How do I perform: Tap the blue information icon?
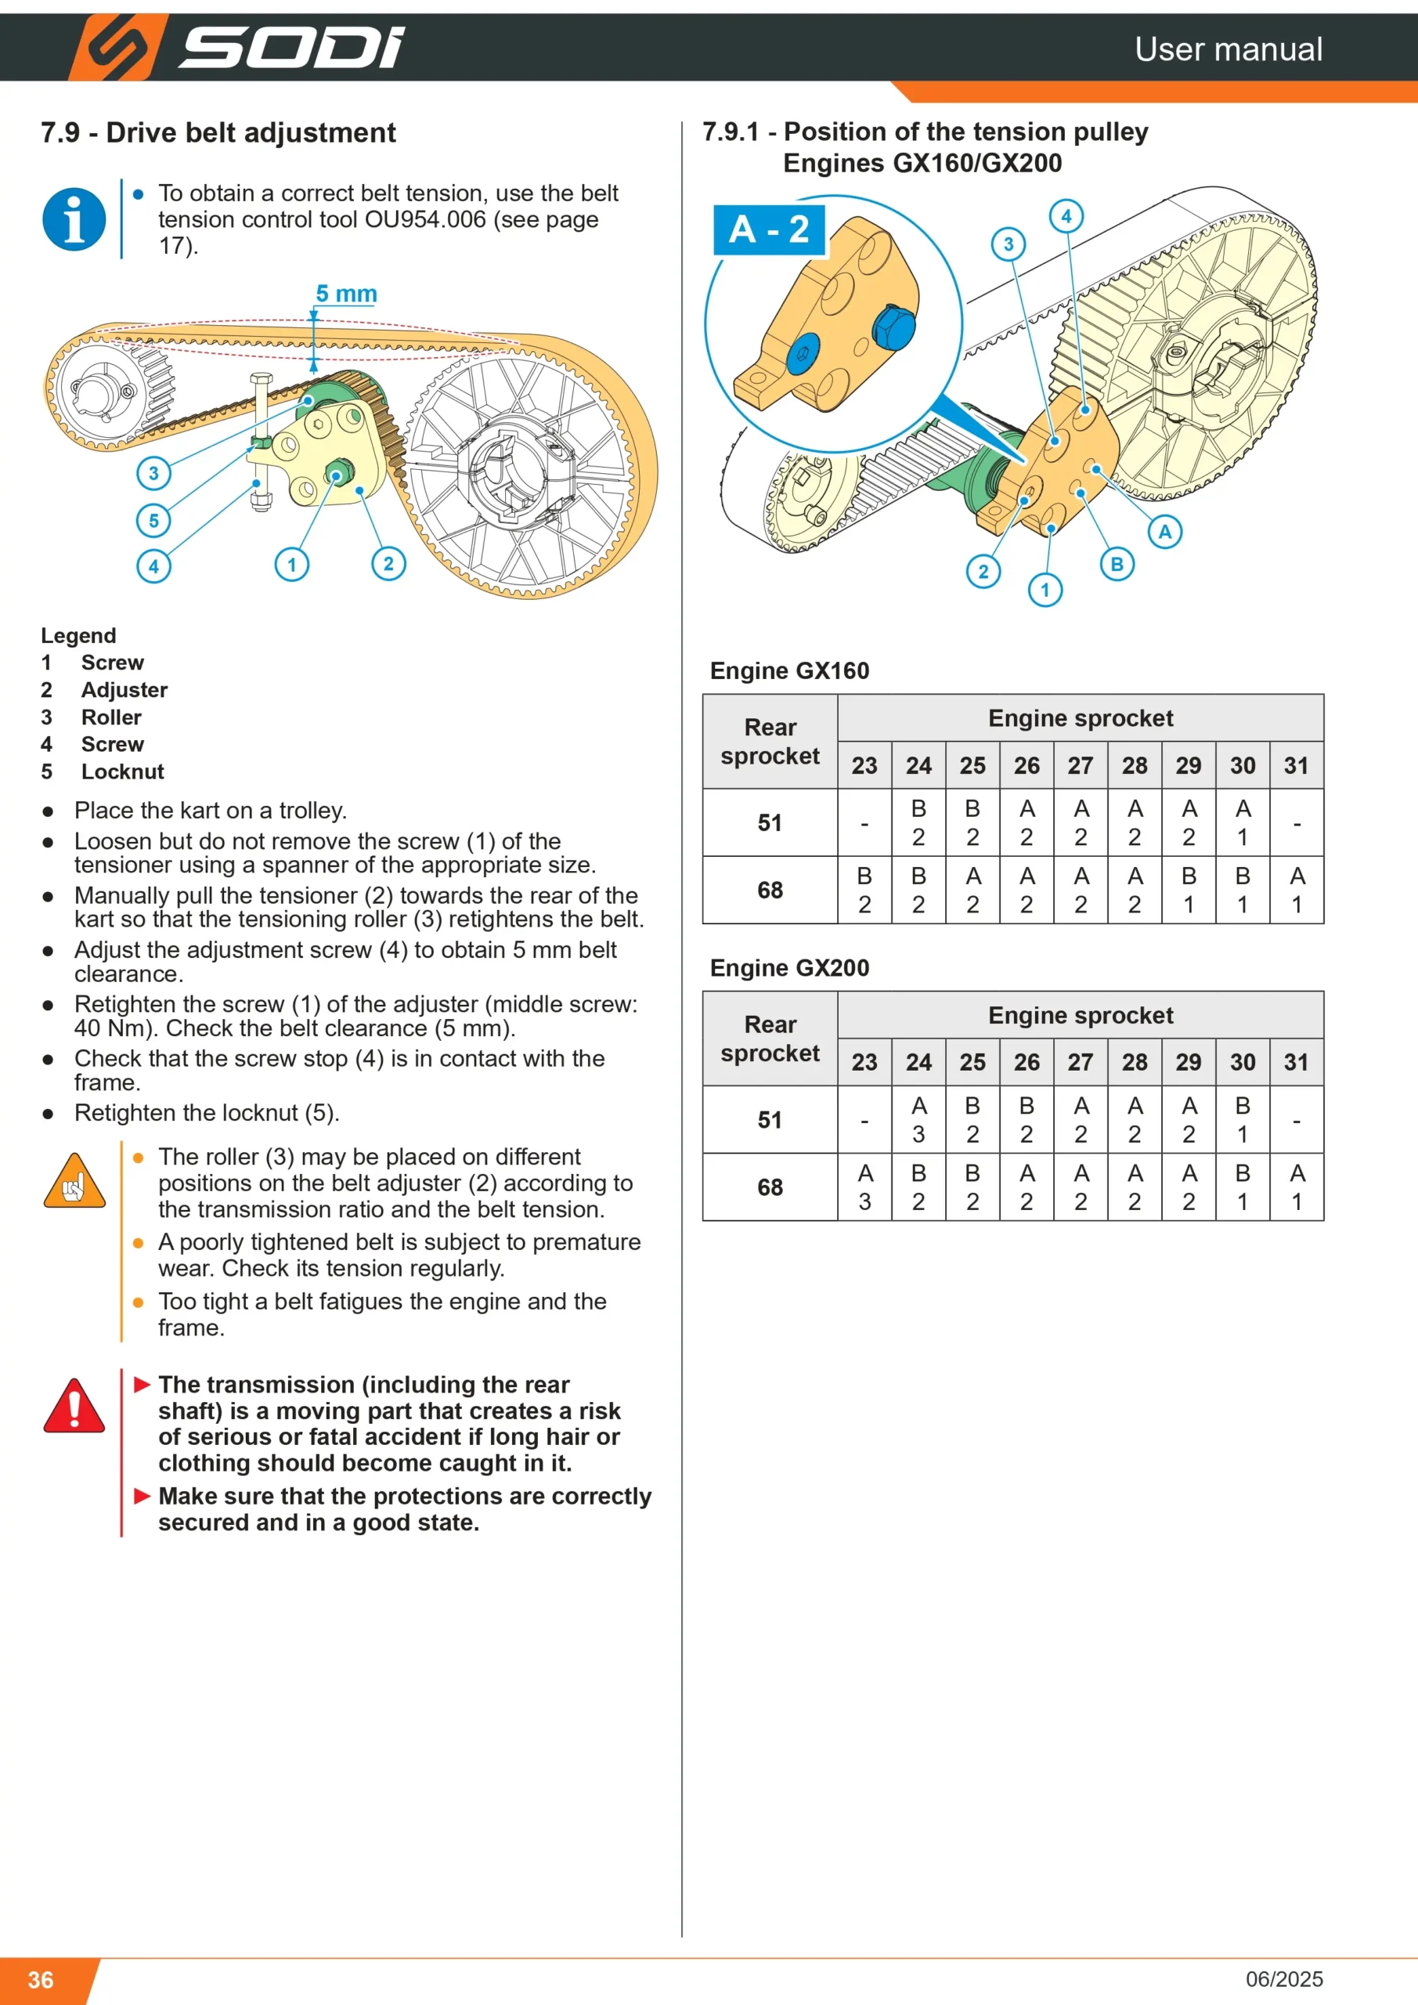[x=74, y=219]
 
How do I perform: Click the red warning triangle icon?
[x=74, y=1406]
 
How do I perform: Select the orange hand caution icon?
[x=74, y=1180]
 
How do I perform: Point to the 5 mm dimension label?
[x=347, y=294]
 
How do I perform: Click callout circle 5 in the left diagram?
[x=153, y=522]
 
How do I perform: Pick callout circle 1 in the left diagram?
[x=291, y=564]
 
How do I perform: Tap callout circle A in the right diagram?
[x=1165, y=531]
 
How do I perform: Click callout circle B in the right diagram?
[x=1117, y=564]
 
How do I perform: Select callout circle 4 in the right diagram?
[x=1066, y=215]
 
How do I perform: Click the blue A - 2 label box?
[x=769, y=229]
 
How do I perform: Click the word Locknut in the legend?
[x=122, y=772]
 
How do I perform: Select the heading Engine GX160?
[x=789, y=670]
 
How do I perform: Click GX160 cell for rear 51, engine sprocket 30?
[x=1243, y=822]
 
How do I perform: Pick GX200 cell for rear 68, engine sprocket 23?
[x=864, y=1187]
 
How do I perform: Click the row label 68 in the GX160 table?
[x=770, y=890]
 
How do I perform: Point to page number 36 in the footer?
[x=41, y=1980]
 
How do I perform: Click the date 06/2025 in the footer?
[x=1284, y=1979]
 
